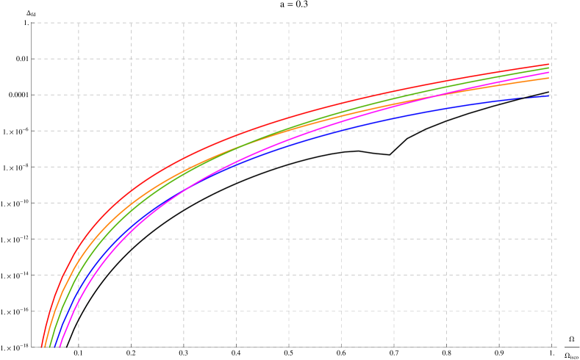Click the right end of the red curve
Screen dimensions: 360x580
[549, 65]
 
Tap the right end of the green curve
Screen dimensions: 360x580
[549, 68]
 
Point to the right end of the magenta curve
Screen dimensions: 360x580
[549, 73]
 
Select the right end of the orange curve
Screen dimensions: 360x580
[549, 78]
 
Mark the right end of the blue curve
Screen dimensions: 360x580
[549, 95]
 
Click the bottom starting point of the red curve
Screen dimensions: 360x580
[42, 346]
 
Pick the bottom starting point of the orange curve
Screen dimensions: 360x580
[46, 346]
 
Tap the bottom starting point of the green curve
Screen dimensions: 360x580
[50, 346]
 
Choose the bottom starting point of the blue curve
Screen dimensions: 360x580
[55, 346]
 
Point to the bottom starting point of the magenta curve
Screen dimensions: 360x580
[60, 346]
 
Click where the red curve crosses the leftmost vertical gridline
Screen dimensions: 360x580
[79, 244]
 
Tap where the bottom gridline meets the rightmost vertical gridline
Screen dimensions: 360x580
[551, 346]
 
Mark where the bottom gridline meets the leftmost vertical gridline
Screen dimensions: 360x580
[79, 346]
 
